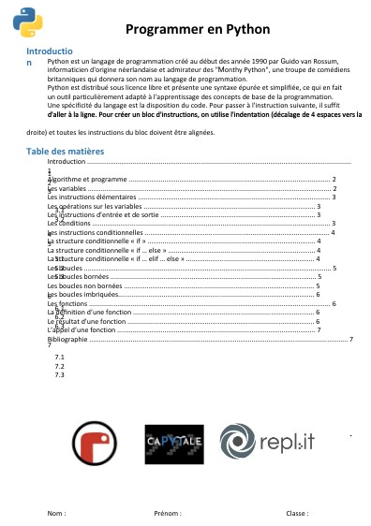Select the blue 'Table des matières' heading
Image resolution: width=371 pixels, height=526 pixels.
click(x=65, y=151)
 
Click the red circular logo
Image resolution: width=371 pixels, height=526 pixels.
click(x=96, y=443)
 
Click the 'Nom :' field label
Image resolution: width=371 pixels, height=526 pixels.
click(x=57, y=514)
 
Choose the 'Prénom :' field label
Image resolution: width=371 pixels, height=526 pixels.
click(x=168, y=514)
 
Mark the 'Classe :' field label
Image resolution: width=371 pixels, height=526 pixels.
click(x=297, y=514)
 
